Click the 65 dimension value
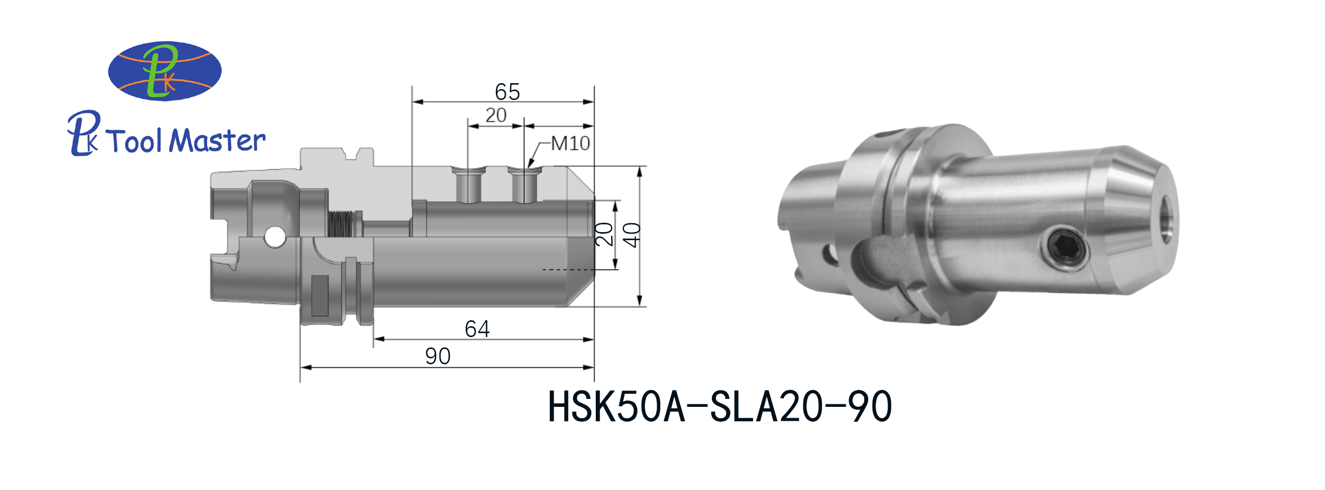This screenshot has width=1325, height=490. pos(507,92)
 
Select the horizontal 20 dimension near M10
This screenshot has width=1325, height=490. pos(496,115)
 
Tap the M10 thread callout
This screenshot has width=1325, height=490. pos(571,143)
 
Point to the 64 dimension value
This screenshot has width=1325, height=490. pos(477,329)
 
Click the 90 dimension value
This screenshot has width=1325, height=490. pos(438,356)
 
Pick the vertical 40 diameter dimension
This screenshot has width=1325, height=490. pos(631,235)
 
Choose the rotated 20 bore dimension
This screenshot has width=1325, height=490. pos(604,234)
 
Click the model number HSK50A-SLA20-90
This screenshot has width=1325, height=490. pos(719,407)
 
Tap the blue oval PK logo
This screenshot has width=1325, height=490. pos(165,71)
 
